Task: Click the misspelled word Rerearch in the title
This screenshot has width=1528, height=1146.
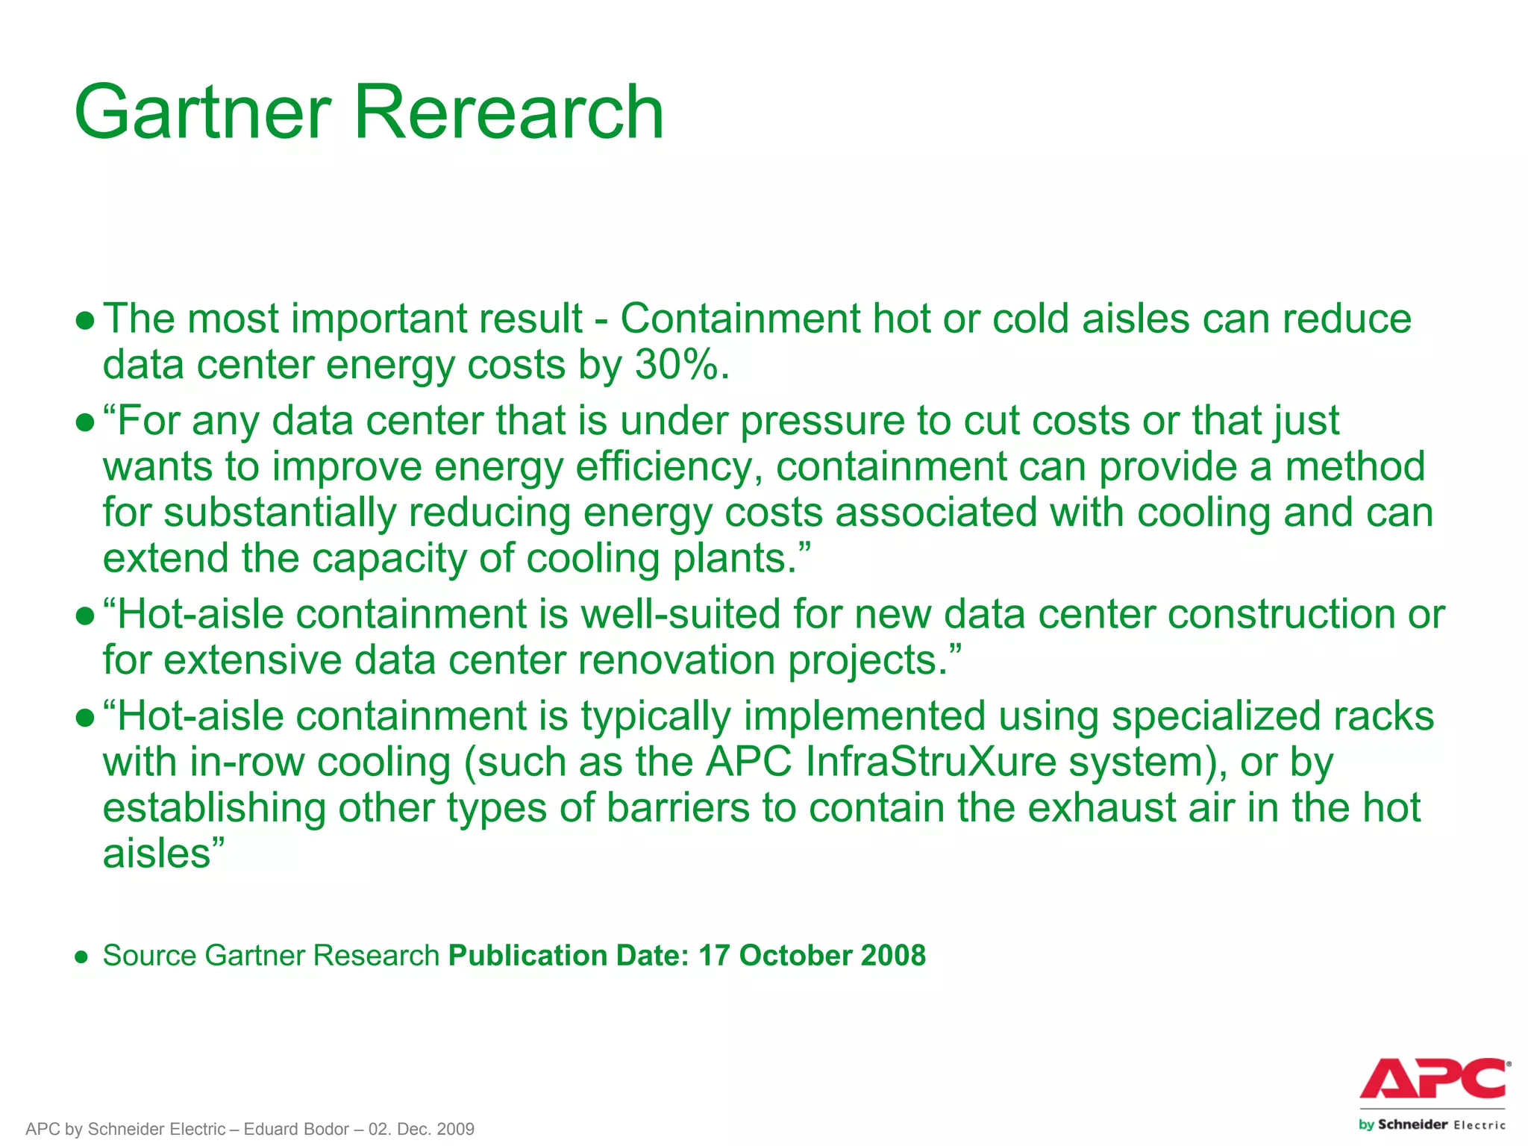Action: coord(508,113)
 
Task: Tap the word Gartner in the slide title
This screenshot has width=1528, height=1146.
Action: coord(202,113)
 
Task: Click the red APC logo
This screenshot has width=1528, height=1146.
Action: coord(1433,1079)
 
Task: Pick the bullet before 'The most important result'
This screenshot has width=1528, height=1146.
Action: coord(85,321)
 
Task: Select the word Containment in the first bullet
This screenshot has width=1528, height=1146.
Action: coord(740,319)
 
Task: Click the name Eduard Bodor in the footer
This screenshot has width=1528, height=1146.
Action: coord(296,1129)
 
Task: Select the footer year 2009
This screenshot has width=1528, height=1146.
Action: coord(456,1129)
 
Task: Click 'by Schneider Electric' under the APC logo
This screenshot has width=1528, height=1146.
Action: coord(1432,1124)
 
